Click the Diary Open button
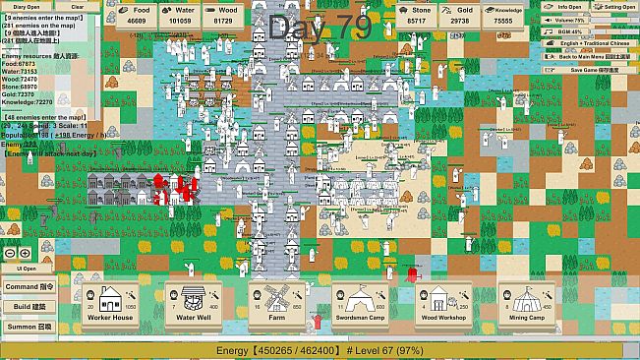coord(26,6)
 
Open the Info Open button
coord(567,6)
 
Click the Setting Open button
coord(615,6)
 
